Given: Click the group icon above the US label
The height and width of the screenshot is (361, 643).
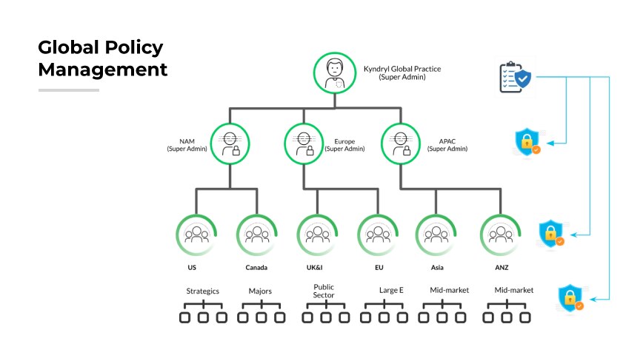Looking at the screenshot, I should coord(196,235).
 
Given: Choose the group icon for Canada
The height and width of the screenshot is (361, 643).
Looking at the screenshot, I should coord(257,235).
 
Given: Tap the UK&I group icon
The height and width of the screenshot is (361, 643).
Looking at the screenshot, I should coord(317,235).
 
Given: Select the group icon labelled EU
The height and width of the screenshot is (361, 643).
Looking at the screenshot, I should coord(379,235).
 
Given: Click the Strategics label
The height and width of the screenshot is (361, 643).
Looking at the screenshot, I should coord(202,291).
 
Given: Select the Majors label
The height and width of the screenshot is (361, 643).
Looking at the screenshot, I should coord(260,291).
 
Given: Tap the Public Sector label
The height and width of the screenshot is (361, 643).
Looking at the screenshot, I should coord(324,290).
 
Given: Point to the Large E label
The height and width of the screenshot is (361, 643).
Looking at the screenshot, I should coord(391,290).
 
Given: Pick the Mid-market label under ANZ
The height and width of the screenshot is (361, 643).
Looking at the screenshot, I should coord(513,290).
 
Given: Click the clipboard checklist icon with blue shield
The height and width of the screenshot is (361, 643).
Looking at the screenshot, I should coord(514,77).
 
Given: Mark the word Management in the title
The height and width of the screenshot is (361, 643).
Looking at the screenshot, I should coord(103,70).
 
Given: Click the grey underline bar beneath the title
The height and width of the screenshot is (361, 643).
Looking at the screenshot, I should coord(69,90).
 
